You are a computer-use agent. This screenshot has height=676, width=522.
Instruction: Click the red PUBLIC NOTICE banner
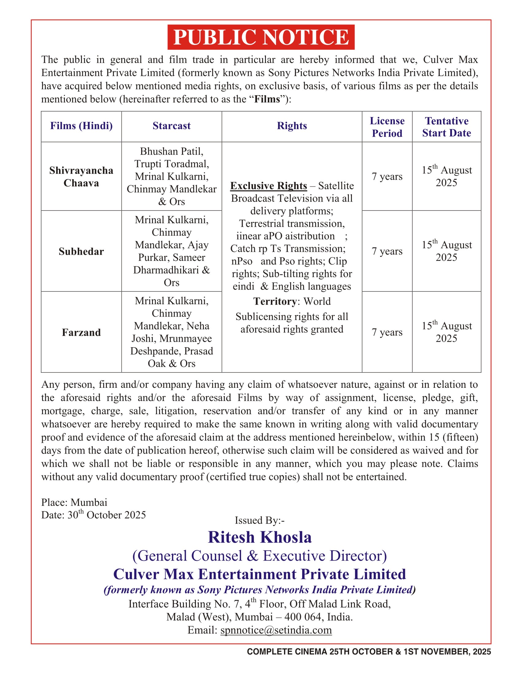point(261,37)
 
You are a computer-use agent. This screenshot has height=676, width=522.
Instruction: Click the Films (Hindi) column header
point(81,126)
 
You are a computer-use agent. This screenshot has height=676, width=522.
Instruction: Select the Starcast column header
point(172,126)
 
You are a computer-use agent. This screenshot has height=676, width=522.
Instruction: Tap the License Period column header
point(387,127)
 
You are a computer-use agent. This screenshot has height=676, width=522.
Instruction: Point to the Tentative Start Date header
point(446,127)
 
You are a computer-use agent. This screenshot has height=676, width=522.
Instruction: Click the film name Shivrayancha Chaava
point(81,177)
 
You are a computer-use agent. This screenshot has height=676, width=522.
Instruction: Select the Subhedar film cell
point(81,251)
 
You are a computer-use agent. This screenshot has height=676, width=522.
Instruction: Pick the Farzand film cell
point(81,332)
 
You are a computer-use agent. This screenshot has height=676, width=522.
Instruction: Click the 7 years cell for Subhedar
point(387,251)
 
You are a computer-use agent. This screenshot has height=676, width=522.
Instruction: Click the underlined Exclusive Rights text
point(268,186)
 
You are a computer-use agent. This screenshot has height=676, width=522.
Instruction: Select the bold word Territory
point(275,301)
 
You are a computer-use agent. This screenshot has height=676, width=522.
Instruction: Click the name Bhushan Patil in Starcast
point(172,151)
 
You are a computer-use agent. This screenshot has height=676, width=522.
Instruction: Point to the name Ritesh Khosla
point(260,537)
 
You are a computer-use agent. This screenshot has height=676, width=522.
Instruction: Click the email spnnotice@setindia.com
point(276,630)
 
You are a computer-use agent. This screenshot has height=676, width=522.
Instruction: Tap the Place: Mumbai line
point(74,502)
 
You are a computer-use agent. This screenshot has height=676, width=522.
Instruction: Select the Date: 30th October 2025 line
point(93,515)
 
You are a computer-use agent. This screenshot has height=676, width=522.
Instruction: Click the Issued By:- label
point(259,520)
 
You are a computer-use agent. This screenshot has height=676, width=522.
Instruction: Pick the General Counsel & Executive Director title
point(259,556)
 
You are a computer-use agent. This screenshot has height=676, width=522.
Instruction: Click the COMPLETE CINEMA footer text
point(368,651)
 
